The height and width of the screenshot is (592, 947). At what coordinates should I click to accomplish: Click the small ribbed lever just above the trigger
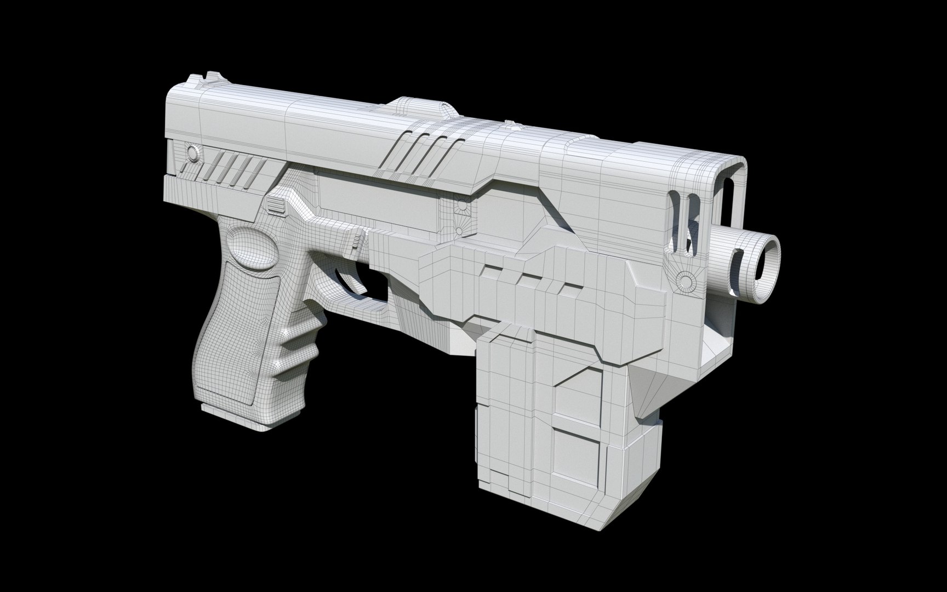(359, 240)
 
